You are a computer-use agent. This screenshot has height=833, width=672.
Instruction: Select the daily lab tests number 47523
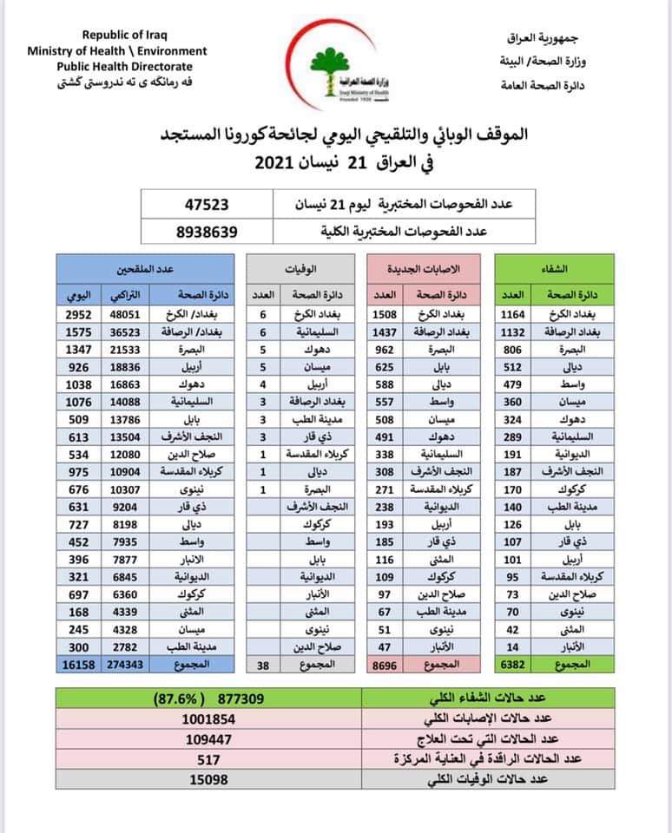pos(211,206)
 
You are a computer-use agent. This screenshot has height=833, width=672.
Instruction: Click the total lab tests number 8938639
pos(211,231)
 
